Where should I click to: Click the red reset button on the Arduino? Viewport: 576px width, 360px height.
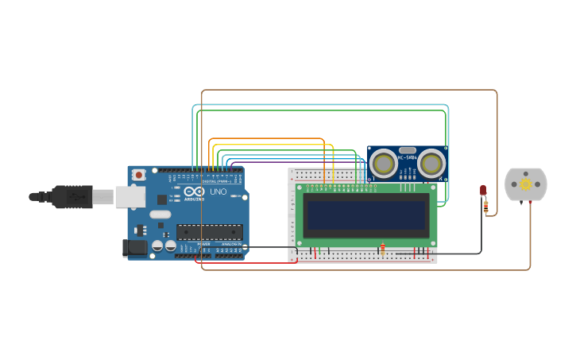point(139,174)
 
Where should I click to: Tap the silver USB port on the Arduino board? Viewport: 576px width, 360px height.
point(130,196)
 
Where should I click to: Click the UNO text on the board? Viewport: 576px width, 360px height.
point(218,192)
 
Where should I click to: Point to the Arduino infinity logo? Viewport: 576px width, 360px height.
point(194,192)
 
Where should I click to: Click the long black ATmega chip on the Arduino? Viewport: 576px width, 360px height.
point(208,232)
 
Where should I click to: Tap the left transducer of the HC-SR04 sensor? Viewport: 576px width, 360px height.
point(384,165)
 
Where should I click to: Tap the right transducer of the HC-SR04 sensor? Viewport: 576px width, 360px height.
point(432,165)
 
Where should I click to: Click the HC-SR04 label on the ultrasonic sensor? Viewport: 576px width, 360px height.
point(408,158)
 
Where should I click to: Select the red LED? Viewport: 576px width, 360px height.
point(483,190)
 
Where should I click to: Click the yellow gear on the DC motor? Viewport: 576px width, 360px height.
point(526,184)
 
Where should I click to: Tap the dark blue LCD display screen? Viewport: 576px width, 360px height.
point(366,215)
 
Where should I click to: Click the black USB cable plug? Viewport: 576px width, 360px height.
point(72,196)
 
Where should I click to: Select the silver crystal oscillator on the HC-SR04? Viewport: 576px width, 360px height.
point(408,149)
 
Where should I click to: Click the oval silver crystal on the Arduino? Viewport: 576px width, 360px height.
point(160,214)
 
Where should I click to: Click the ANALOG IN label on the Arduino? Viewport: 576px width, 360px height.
point(230,244)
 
